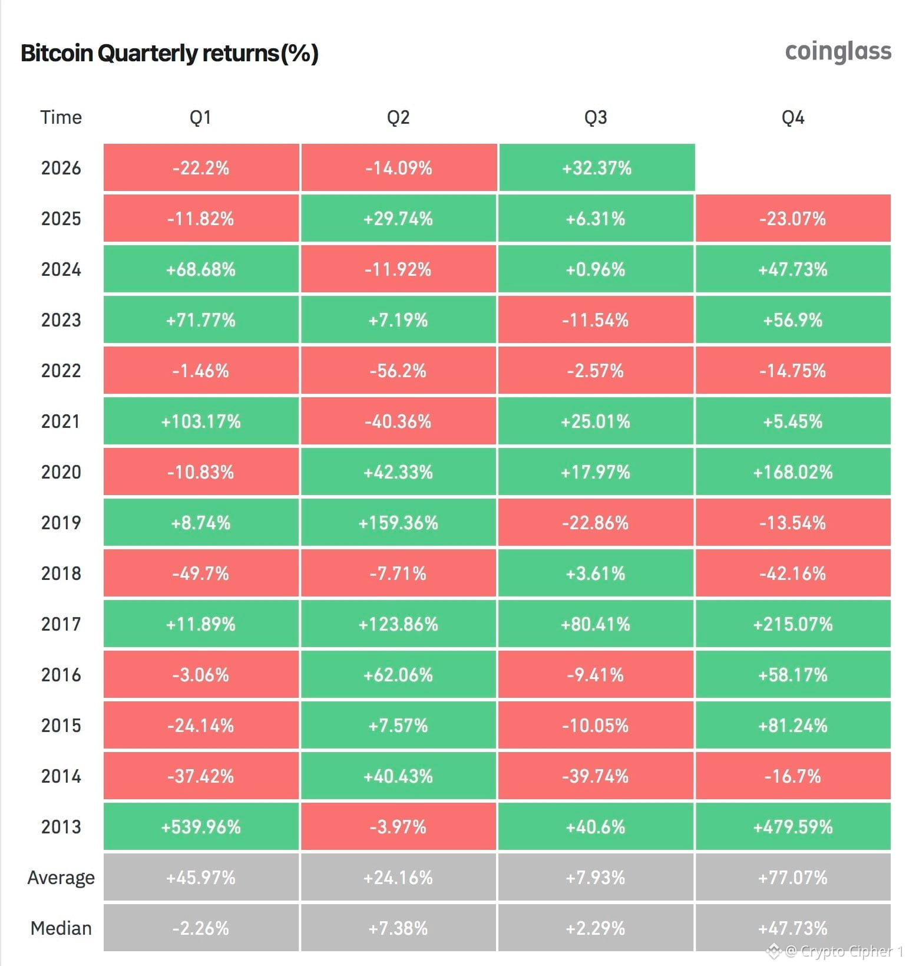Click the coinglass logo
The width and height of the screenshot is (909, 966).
click(x=838, y=52)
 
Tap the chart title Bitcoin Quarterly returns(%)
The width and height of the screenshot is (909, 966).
click(x=170, y=53)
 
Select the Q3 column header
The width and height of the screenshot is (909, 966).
click(x=596, y=117)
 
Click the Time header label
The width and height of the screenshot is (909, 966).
click(x=61, y=117)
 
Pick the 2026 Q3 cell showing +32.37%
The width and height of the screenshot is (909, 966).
click(x=597, y=168)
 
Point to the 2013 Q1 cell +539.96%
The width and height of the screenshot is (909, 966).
click(x=201, y=827)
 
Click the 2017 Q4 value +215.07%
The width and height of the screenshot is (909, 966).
click(x=793, y=624)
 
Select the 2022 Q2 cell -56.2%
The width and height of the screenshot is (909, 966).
click(x=398, y=371)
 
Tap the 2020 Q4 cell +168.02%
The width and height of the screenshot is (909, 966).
click(x=793, y=472)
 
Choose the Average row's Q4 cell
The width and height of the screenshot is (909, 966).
click(x=793, y=878)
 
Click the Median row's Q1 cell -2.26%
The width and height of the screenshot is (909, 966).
click(x=201, y=928)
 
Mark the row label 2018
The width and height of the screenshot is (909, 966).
click(x=61, y=573)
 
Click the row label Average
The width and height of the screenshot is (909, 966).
click(x=61, y=878)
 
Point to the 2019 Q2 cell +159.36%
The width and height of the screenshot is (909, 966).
click(x=398, y=523)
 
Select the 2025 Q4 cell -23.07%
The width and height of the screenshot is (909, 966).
click(x=793, y=219)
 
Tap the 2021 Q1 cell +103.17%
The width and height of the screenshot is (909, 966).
click(x=201, y=421)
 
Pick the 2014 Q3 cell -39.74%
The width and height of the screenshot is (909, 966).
click(x=596, y=776)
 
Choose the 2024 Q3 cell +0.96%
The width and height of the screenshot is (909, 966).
click(x=596, y=269)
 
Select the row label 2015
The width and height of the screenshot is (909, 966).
click(x=61, y=726)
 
